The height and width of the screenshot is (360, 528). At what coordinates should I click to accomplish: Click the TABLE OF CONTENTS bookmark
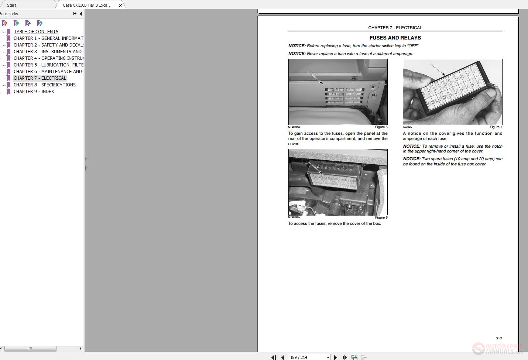tap(36, 32)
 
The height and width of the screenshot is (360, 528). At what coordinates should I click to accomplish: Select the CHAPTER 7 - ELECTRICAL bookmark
tap(40, 78)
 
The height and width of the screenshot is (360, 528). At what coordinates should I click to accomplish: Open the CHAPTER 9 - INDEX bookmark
tap(34, 92)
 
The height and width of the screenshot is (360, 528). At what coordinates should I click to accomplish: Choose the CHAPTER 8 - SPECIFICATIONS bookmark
tap(44, 85)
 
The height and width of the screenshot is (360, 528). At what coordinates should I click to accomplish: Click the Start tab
tap(11, 5)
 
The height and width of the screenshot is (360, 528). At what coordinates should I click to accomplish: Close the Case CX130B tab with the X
tap(120, 6)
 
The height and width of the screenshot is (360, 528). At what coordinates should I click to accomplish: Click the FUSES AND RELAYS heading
tap(395, 38)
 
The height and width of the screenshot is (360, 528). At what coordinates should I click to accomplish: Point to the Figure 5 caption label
tap(381, 127)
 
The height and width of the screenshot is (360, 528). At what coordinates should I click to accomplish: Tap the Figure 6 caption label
tap(381, 217)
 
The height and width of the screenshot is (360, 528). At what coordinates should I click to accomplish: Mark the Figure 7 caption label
tap(496, 127)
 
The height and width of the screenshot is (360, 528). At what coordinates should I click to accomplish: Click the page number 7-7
tap(499, 339)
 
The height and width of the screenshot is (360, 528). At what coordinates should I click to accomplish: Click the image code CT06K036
tap(294, 127)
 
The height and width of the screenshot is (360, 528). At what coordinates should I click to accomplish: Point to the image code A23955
tap(407, 127)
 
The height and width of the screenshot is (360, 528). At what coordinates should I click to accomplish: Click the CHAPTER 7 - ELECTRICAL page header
tap(395, 28)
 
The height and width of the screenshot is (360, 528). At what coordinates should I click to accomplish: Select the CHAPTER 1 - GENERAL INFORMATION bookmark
tap(48, 38)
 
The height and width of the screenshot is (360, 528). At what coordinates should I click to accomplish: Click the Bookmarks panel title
tap(9, 14)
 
